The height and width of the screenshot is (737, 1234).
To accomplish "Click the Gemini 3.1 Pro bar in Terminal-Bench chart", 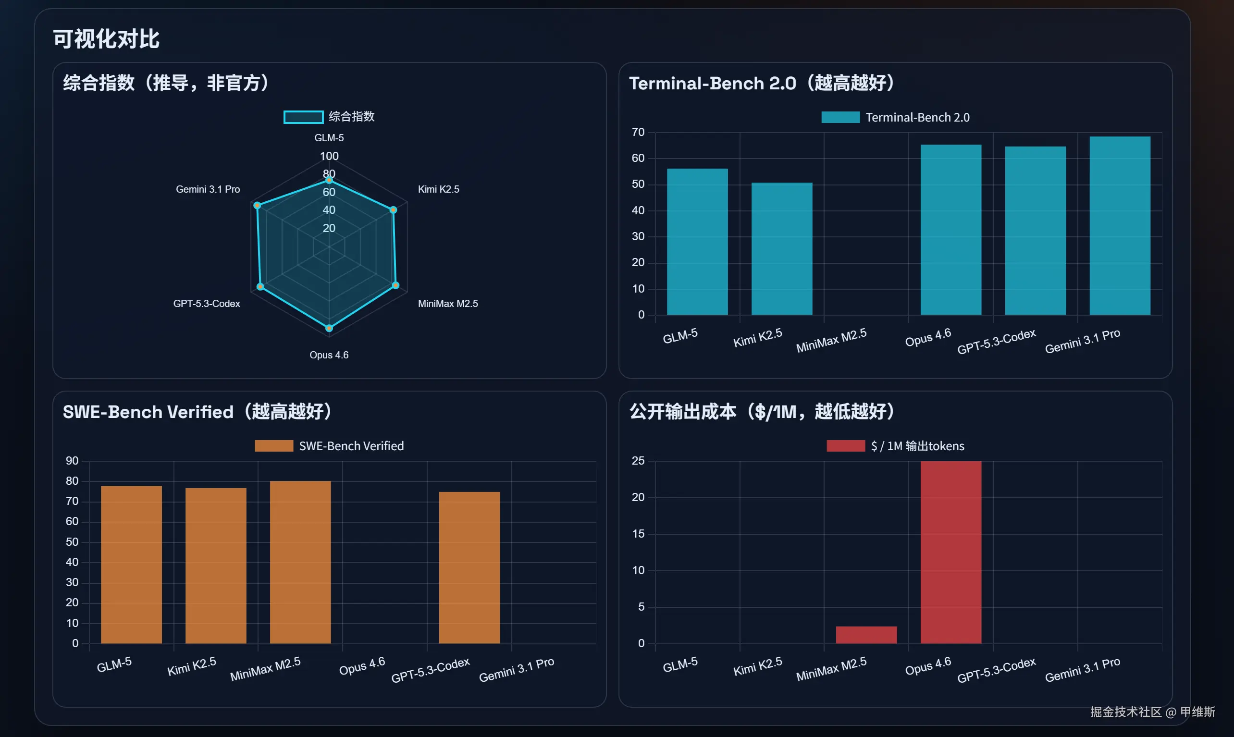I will point(1120,226).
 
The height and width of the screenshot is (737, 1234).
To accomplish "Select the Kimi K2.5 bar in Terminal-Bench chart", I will point(782,249).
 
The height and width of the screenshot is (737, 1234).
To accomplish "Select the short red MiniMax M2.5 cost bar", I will point(866,635).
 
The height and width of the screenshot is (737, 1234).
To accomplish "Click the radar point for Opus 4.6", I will point(329,328).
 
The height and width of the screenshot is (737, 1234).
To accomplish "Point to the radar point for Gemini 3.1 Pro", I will point(257,205).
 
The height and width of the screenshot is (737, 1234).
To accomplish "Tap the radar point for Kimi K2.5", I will point(393,210).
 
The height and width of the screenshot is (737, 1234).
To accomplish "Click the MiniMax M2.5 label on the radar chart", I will point(447,304).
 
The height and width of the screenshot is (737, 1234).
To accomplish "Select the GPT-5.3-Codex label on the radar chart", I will point(207,304).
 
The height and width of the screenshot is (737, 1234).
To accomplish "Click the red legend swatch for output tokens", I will point(845,446).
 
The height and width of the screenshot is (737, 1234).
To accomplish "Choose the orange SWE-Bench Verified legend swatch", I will point(273,446).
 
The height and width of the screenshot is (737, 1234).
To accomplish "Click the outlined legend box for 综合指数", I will point(303,117).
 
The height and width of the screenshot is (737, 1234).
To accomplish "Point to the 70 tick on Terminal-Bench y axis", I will point(638,132).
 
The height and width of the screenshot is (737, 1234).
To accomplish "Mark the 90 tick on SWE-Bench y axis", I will point(72,461).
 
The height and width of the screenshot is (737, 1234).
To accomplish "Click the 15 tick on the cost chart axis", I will point(638,534).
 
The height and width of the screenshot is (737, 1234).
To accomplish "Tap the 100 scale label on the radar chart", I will point(329,156).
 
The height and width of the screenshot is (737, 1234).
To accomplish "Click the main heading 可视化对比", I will point(106,39).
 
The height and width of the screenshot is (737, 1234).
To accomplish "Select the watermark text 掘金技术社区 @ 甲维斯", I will point(1152,712).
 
